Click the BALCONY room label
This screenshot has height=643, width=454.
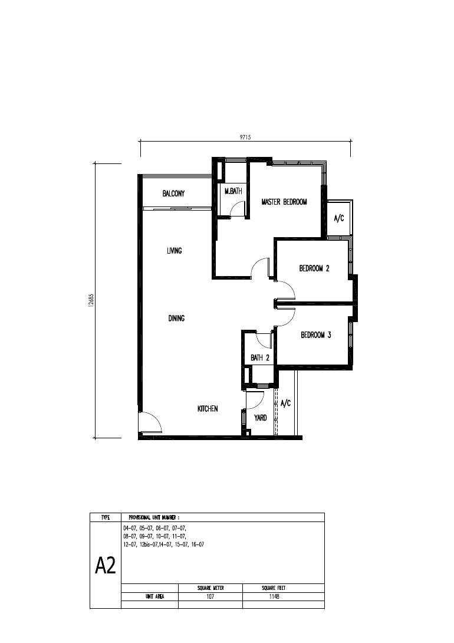(173, 193)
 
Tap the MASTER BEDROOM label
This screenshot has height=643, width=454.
(284, 202)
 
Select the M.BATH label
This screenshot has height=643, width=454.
(233, 191)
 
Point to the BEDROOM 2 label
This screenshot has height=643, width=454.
(314, 268)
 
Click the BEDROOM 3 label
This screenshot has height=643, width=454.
(315, 335)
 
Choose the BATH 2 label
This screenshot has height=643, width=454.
(260, 357)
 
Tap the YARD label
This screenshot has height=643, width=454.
(260, 418)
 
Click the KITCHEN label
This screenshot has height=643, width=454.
(208, 409)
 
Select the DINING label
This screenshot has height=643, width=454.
(176, 318)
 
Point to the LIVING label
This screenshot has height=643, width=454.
(174, 251)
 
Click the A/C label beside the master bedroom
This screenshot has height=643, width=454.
(339, 219)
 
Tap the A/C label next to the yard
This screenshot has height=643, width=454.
(285, 403)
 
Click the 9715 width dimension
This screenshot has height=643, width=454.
(245, 138)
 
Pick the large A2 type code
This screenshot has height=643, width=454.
(106, 566)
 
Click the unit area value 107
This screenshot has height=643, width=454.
(210, 596)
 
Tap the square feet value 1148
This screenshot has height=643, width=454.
(274, 596)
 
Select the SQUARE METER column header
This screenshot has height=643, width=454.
(210, 588)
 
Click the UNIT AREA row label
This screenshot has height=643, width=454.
(154, 596)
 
